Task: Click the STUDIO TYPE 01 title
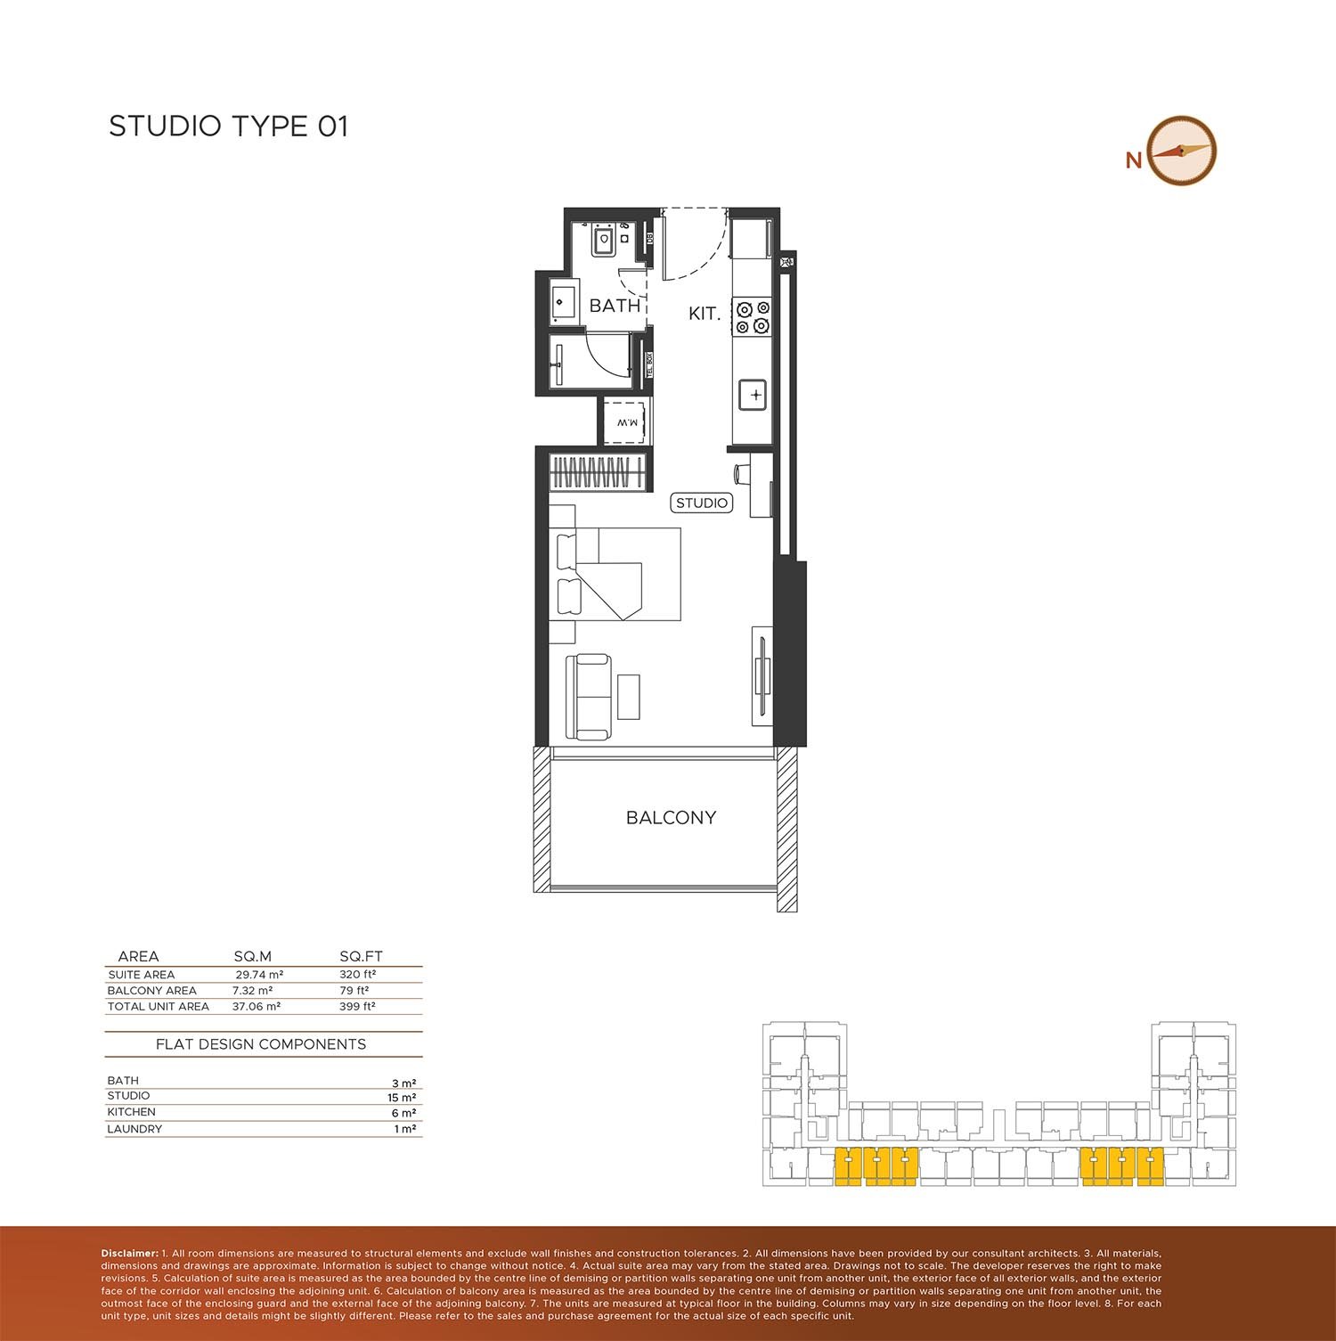tap(228, 127)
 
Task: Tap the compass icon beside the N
tap(1182, 151)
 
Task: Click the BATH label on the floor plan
tap(615, 306)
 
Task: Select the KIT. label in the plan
tap(704, 314)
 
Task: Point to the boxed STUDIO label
tap(702, 503)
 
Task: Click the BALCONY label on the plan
tap(671, 818)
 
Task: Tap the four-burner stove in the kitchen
tap(752, 317)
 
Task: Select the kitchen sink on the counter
tap(754, 394)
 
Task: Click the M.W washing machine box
tap(628, 422)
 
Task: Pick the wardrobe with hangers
tap(598, 471)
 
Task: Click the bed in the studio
tap(615, 574)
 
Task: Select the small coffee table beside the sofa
tap(629, 697)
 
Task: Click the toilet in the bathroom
tap(605, 241)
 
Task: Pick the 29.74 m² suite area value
tap(257, 975)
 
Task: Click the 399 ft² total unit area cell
tap(357, 1007)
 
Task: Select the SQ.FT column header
tap(361, 956)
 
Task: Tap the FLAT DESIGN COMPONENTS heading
tap(261, 1044)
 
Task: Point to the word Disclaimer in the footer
tap(129, 1254)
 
